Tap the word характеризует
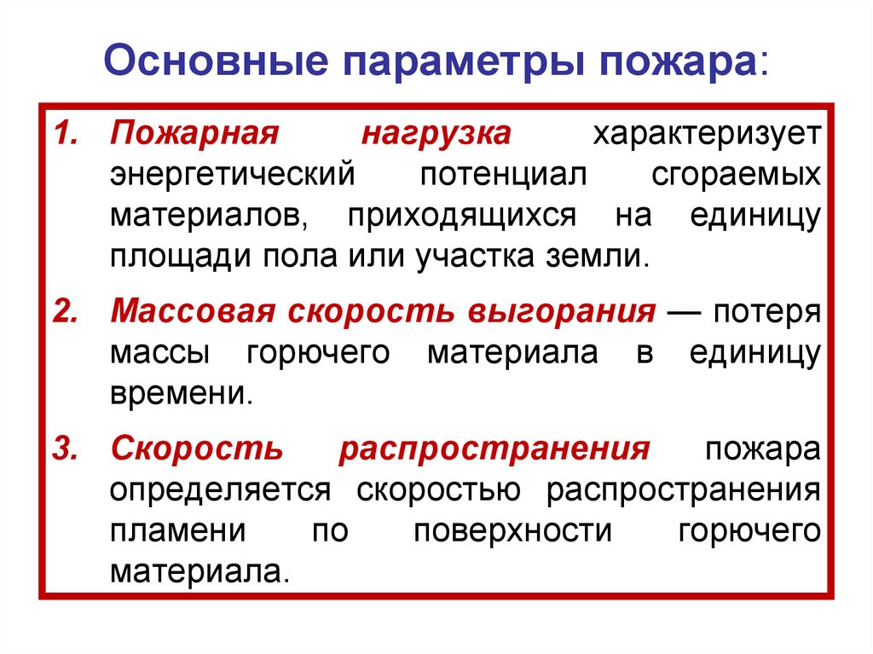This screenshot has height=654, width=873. (708, 136)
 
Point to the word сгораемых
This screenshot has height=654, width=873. (737, 176)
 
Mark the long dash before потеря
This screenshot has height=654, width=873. (684, 312)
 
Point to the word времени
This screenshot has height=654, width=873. (181, 394)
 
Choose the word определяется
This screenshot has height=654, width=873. (220, 489)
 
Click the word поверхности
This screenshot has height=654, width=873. (513, 530)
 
